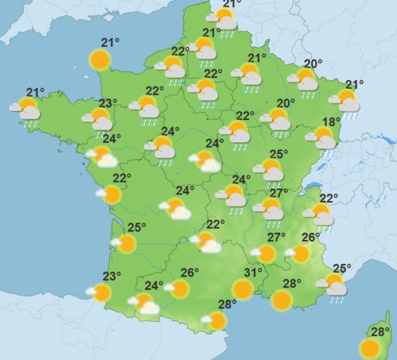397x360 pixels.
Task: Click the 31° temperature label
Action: (253, 273)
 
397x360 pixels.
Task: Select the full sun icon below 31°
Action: (243, 290)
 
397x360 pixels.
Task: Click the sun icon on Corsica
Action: (370, 349)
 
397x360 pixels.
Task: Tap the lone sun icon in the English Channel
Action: (100, 59)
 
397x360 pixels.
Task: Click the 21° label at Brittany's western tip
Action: (35, 92)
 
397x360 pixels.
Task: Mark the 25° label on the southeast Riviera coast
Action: (342, 268)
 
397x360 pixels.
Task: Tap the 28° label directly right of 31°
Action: (292, 284)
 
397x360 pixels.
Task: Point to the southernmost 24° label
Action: (154, 286)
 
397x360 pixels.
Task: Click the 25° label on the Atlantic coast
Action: (137, 227)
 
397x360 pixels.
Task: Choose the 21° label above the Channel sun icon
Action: (110, 43)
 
